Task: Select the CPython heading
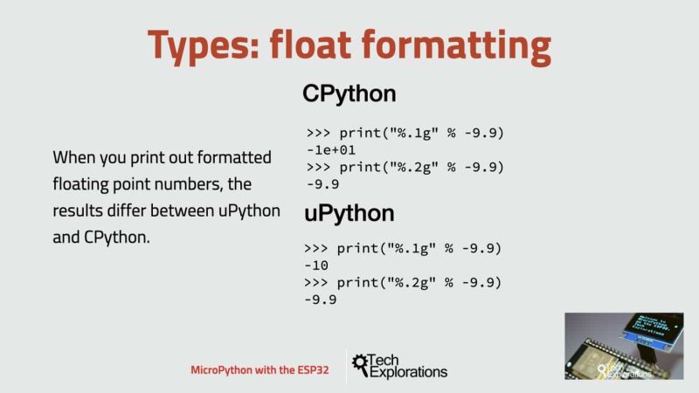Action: coord(349,94)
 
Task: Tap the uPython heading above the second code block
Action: coord(349,214)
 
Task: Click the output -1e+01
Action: coord(332,149)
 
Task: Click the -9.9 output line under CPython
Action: coord(322,184)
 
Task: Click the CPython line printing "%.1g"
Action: coord(405,133)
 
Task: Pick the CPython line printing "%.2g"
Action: coord(405,167)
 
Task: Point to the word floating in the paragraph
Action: coord(85,184)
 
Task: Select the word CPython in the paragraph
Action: coord(115,237)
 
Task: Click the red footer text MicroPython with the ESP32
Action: coord(260,370)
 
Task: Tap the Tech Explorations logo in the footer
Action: coord(400,366)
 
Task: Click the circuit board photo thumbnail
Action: coord(623,347)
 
